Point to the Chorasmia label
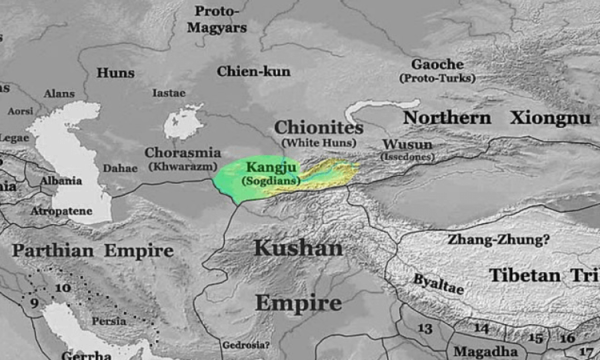click(184, 153)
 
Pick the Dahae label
click(120, 168)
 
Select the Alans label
click(59, 93)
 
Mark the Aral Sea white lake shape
click(183, 122)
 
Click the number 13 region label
click(425, 328)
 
